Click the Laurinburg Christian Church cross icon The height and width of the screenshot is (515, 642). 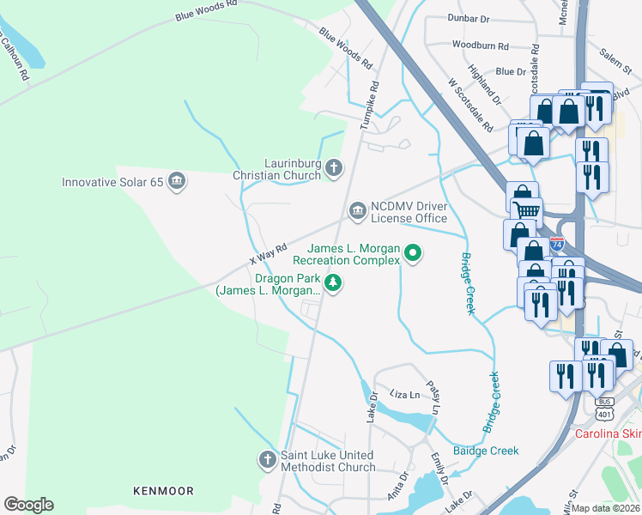[x=334, y=169]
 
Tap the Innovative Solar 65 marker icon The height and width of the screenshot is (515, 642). [x=177, y=181]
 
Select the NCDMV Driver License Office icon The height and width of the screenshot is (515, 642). [x=356, y=210]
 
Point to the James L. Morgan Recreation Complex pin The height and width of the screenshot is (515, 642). [x=413, y=252]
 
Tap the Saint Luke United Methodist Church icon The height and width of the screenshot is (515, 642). [x=267, y=460]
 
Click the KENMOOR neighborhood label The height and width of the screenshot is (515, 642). [x=163, y=491]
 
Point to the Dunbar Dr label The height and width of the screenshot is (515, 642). [x=469, y=17]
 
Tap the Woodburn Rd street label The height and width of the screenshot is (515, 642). [x=480, y=45]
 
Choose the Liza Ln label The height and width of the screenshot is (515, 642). [x=404, y=394]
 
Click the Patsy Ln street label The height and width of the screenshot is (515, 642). [x=436, y=400]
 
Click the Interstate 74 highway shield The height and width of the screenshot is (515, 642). [x=557, y=245]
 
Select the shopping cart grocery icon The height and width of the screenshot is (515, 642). [x=527, y=209]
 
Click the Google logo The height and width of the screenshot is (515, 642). [x=28, y=505]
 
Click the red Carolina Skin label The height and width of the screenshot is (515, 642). [x=608, y=433]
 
